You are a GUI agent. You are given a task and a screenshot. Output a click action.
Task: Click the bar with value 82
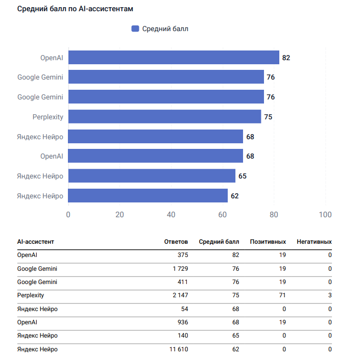click(174, 57)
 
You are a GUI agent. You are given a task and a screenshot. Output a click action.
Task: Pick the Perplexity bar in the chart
click(164, 117)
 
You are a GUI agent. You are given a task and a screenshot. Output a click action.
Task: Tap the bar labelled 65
click(152, 176)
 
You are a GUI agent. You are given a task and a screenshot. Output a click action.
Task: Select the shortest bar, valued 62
click(148, 196)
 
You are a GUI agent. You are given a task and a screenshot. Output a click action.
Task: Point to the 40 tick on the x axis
click(171, 215)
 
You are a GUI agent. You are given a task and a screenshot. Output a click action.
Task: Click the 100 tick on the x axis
click(325, 215)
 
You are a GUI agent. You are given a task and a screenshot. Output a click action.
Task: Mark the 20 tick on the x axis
click(119, 215)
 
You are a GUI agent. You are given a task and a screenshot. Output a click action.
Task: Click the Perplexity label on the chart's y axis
click(48, 117)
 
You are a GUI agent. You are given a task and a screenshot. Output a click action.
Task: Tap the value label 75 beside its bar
click(268, 117)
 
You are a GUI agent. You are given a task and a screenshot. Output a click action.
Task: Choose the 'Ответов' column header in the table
click(176, 242)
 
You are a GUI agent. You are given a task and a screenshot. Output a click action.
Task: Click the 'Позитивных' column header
click(268, 242)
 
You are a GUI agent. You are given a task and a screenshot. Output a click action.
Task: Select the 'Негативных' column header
click(314, 242)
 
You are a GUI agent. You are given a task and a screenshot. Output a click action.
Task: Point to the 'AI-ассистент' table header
click(35, 242)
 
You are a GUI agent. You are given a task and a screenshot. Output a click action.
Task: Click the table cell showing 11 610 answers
click(177, 349)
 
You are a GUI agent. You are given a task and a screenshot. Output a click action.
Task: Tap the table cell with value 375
click(182, 255)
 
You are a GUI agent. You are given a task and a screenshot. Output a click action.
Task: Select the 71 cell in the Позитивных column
click(282, 295)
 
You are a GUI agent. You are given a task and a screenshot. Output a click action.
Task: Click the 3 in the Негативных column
click(330, 295)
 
